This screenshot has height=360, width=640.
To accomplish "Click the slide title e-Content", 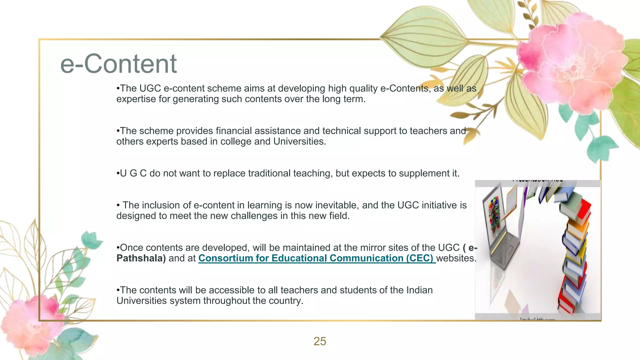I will (x=118, y=64).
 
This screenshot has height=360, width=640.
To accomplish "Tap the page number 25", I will (x=320, y=341).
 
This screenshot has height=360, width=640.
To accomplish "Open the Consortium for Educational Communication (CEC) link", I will (x=316, y=258).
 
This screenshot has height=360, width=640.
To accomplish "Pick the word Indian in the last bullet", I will (x=419, y=290).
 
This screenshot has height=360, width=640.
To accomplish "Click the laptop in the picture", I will (x=503, y=231).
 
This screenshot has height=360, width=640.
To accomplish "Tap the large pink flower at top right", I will (x=572, y=62).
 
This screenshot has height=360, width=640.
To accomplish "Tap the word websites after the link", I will (x=456, y=258).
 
